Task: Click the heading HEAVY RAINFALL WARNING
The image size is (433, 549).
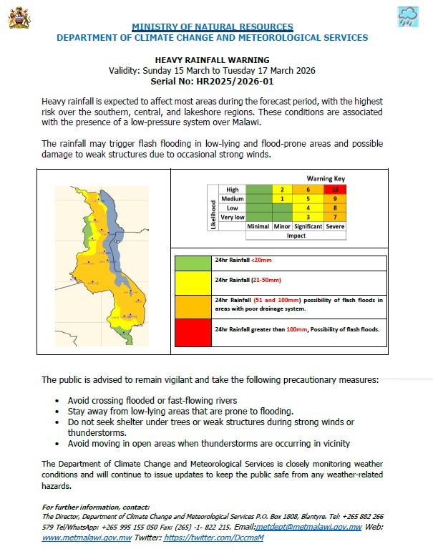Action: point(212,60)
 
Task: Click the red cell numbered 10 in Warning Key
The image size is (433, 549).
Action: point(335,189)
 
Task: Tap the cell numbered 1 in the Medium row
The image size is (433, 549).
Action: point(283,198)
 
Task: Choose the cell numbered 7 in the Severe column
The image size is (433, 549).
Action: point(335,217)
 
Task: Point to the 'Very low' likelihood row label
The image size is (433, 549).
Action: point(231,217)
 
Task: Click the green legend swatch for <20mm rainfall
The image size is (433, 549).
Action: point(193,263)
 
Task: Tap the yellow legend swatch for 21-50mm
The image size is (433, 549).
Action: point(193,281)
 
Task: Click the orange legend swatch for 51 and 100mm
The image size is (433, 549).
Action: point(193,303)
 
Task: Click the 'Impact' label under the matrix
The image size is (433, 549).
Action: point(296,235)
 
